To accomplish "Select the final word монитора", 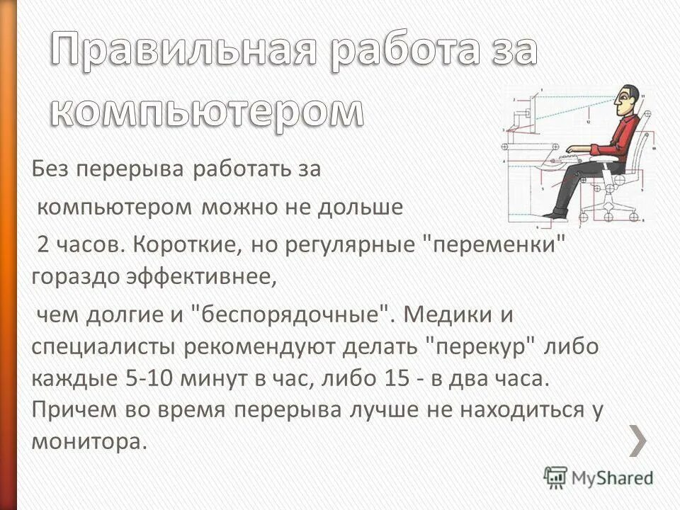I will [x=88, y=441].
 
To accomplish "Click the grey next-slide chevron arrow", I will [x=637, y=441].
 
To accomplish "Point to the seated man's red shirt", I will [x=619, y=138].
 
